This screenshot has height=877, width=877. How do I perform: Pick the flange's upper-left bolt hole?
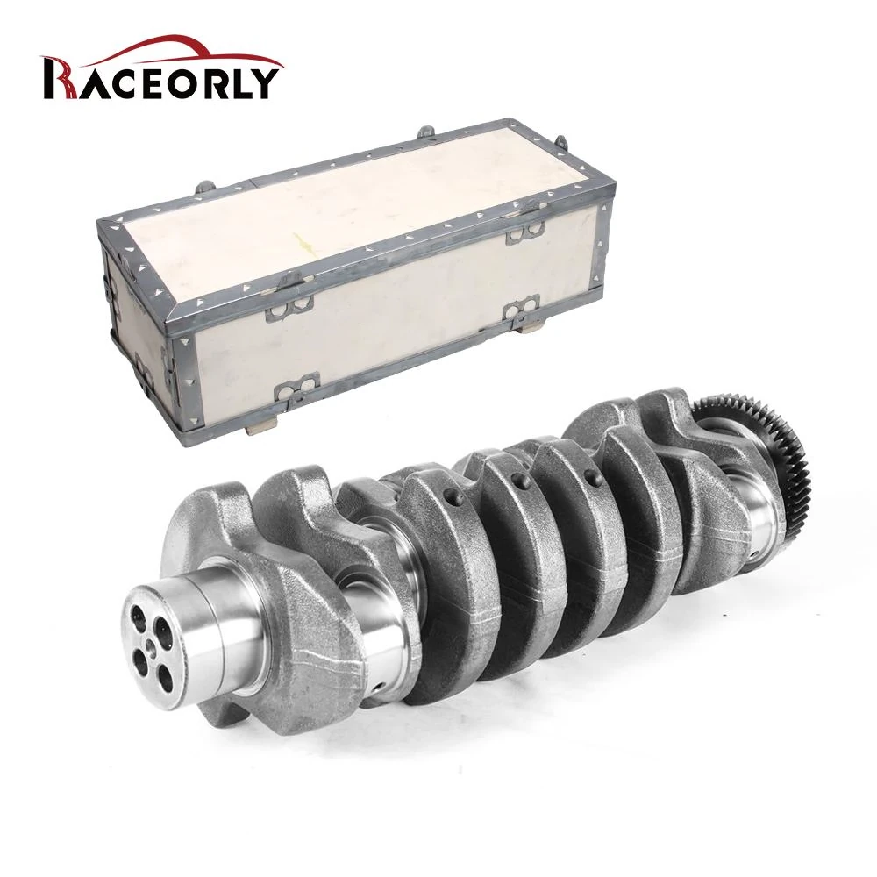pyautogui.click(x=137, y=617)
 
